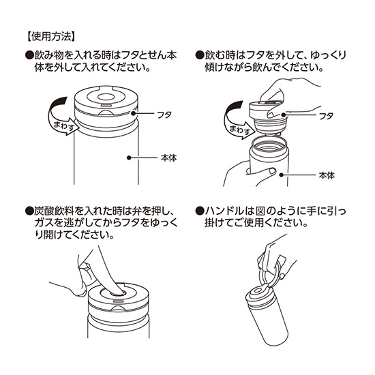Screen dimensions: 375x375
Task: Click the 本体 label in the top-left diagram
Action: pyautogui.click(x=168, y=157)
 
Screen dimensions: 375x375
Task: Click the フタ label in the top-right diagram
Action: pyautogui.click(x=326, y=116)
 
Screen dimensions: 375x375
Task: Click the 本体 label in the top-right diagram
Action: pyautogui.click(x=327, y=175)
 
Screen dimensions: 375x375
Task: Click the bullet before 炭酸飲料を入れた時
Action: pyautogui.click(x=28, y=211)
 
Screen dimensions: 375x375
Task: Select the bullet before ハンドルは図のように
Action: pyautogui.click(x=199, y=211)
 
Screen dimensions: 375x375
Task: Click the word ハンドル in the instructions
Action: pyautogui.click(x=223, y=211)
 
